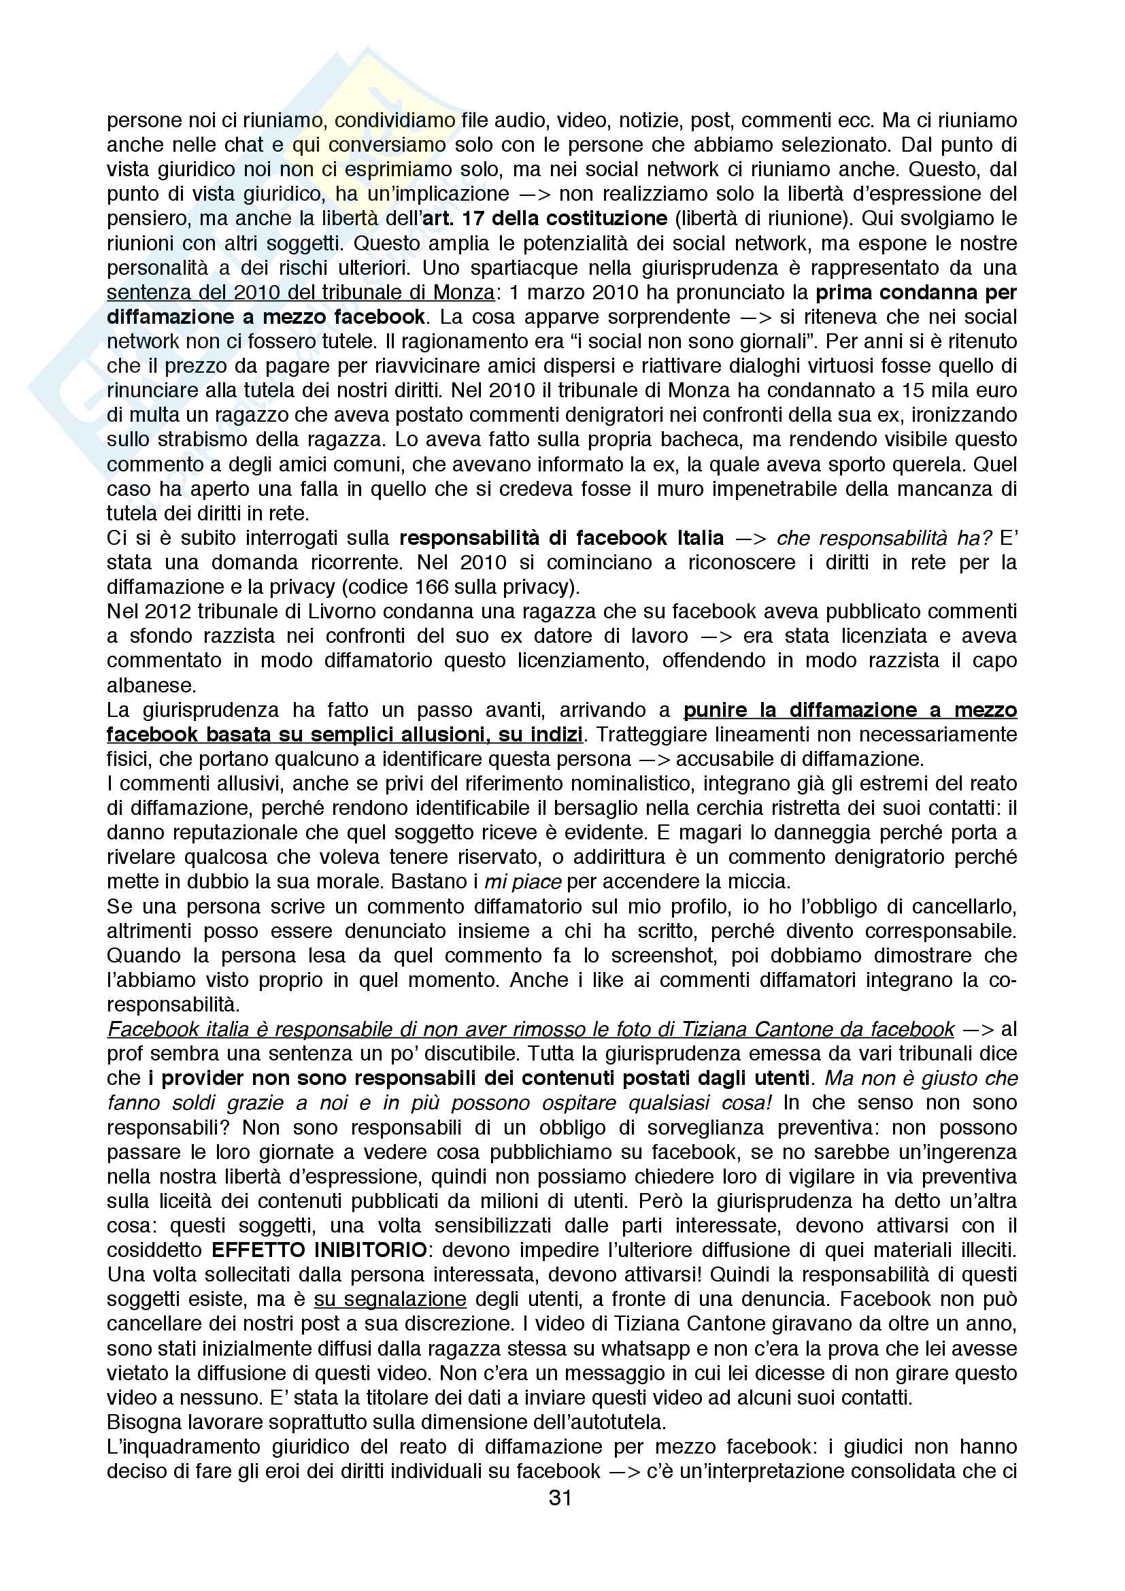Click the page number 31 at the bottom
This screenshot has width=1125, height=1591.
coord(560,1498)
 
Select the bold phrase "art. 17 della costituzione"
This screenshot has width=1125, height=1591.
coord(549,219)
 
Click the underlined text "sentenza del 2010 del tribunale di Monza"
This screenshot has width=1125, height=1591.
coord(301,292)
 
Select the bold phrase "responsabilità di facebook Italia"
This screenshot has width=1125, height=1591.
coord(562,539)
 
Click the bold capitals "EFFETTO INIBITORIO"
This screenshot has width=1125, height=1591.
coord(320,1252)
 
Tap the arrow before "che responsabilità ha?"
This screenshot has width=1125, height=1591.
coord(750,539)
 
